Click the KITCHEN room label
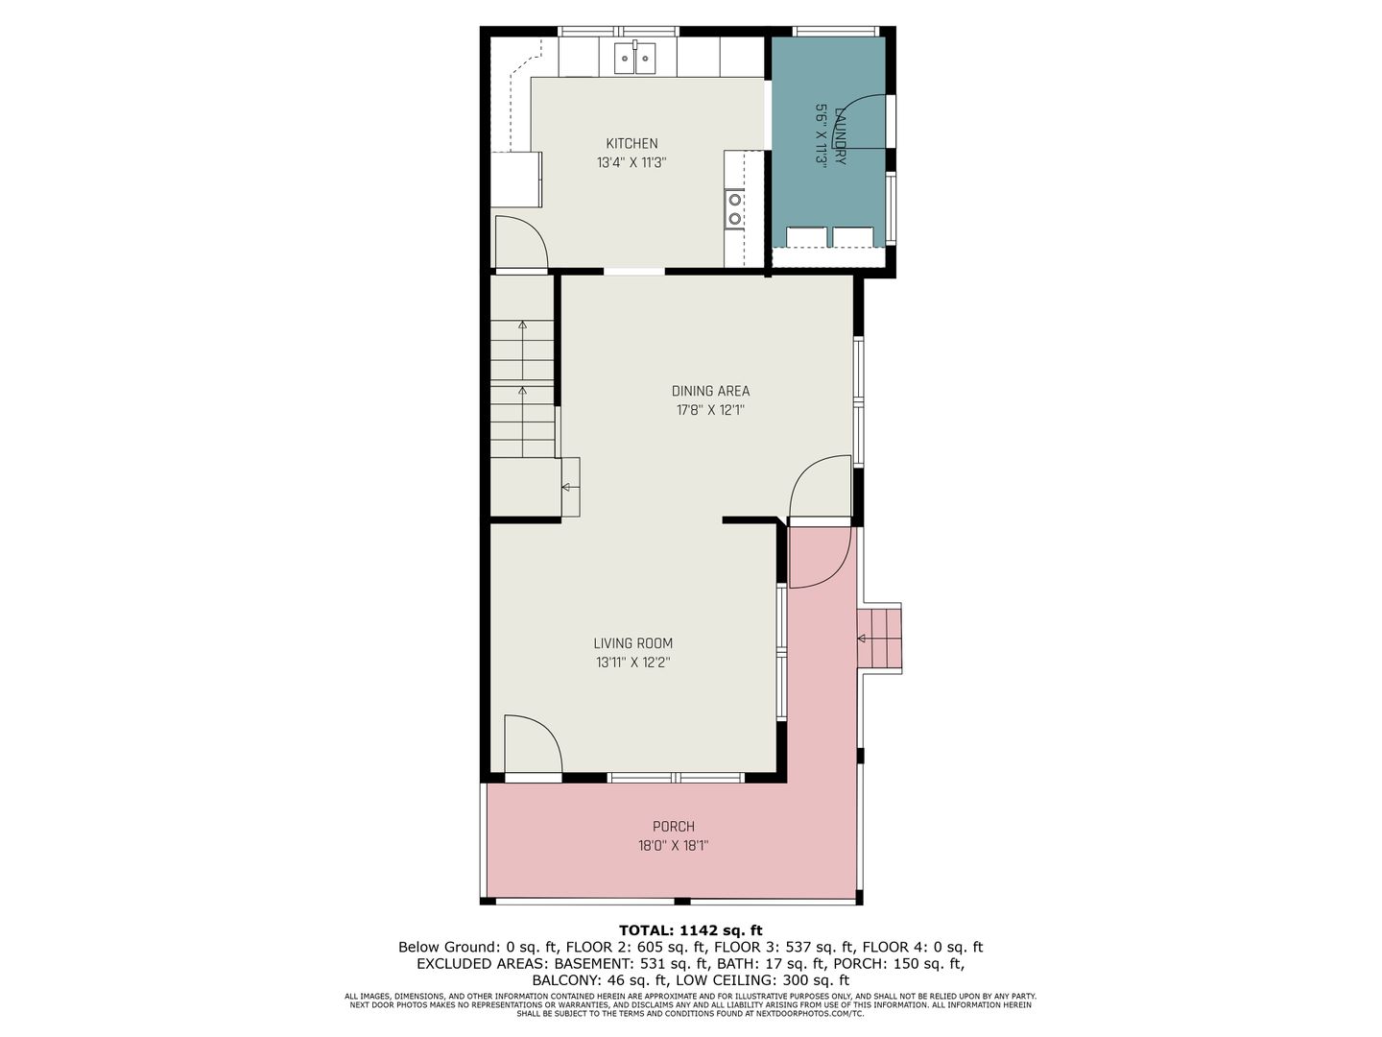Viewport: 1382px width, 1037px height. [631, 144]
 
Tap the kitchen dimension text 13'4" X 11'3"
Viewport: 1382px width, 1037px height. [631, 163]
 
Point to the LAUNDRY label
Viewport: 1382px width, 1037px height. [840, 135]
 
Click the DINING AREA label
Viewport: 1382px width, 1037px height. [710, 391]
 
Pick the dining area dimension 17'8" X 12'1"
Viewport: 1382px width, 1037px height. [710, 411]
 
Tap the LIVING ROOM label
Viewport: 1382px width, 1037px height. [632, 643]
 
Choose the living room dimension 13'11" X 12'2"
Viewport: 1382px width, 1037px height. [632, 663]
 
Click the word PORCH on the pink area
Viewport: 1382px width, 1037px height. [673, 826]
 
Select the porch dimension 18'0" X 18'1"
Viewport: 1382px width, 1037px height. [673, 846]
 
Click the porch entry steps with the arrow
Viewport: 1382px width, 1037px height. [879, 639]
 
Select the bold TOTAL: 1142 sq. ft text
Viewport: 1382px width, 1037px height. [690, 930]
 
